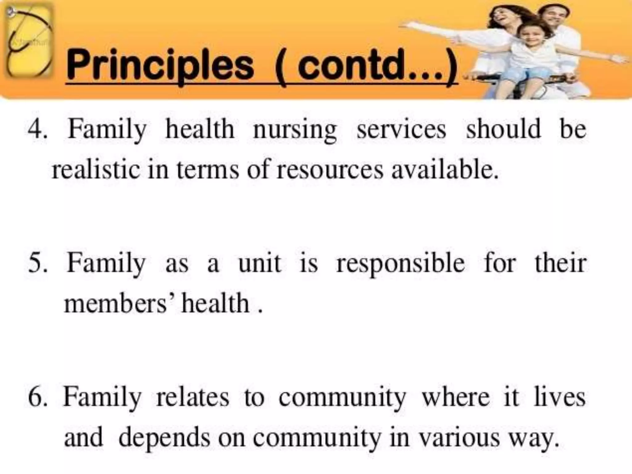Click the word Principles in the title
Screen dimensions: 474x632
point(160,66)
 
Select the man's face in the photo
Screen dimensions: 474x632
point(554,17)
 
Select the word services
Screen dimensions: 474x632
point(401,129)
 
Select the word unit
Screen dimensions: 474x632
point(259,263)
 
